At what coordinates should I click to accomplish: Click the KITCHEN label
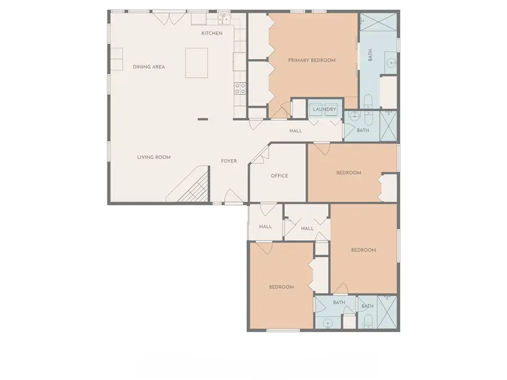tap(212, 33)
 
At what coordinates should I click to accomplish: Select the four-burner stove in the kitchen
tap(240, 88)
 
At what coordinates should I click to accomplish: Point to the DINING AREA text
tap(149, 67)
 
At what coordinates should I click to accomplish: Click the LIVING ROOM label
tap(154, 158)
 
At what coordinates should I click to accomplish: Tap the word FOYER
tap(229, 162)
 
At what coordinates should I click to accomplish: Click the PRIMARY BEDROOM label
tap(312, 60)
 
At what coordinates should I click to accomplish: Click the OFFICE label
tap(279, 176)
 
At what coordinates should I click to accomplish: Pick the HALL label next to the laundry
tap(296, 131)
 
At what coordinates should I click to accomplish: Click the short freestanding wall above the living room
tap(202, 119)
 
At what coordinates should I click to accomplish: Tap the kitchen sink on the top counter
tap(223, 20)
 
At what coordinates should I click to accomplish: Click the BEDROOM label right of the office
tap(349, 173)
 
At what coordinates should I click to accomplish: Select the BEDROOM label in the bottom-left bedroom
tap(281, 287)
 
